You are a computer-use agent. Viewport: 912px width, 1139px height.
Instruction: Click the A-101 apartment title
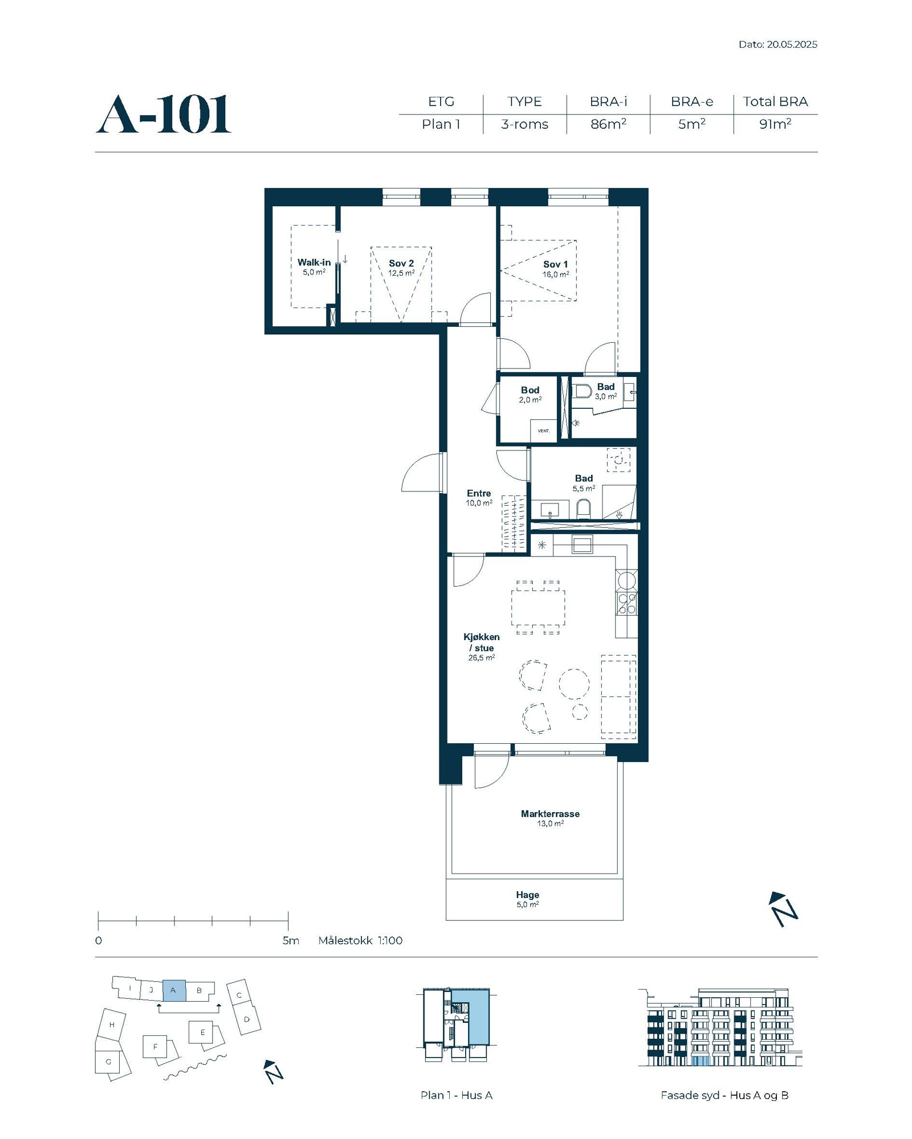click(164, 114)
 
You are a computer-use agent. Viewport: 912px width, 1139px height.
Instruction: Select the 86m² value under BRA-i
click(608, 124)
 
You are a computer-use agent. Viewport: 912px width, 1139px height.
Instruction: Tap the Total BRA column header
click(775, 101)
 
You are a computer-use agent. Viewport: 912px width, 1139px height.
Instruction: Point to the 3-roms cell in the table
click(524, 124)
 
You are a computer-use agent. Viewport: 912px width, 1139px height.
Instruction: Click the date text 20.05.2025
click(792, 44)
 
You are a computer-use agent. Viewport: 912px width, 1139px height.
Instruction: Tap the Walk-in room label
click(314, 263)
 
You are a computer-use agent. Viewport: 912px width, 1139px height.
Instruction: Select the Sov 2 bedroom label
click(401, 263)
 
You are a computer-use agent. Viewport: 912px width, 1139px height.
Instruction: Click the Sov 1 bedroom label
click(555, 264)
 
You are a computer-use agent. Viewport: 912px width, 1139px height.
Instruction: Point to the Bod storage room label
click(530, 390)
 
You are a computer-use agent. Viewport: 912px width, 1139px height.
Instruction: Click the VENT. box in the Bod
click(544, 431)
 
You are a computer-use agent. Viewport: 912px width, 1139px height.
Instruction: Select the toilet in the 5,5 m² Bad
click(583, 509)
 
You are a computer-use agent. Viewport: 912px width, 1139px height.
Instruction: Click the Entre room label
click(479, 494)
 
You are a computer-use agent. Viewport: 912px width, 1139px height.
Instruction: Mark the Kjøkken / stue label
click(482, 642)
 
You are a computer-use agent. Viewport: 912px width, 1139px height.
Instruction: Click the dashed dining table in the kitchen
click(538, 608)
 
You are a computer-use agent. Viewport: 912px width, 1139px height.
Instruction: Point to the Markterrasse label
click(550, 814)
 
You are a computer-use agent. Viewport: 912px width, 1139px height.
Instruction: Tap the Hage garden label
click(527, 895)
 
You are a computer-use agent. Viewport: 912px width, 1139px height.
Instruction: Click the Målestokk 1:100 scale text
click(360, 940)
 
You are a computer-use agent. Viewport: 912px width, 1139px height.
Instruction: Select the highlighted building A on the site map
click(174, 990)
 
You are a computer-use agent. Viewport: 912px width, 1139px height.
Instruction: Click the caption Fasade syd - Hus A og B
click(724, 1095)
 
